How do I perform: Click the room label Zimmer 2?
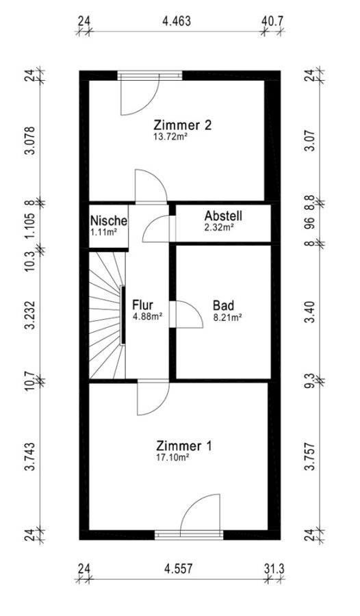tap(183, 125)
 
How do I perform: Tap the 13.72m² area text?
tap(169, 137)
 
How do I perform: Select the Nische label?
tap(108, 221)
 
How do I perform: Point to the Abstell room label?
tap(223, 216)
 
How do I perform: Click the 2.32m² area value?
tap(219, 227)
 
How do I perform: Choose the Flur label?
tap(142, 305)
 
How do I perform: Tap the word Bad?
tap(223, 305)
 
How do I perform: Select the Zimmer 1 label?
tap(184, 446)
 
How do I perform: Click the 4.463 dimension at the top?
tap(177, 21)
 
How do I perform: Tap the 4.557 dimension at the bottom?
tap(179, 569)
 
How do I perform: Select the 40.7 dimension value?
tap(273, 21)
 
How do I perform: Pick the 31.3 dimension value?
tap(274, 569)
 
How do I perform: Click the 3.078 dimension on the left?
tap(30, 140)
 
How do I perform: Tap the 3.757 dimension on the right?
tap(311, 457)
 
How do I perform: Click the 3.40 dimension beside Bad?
tap(311, 312)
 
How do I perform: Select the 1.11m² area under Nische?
tap(104, 232)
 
